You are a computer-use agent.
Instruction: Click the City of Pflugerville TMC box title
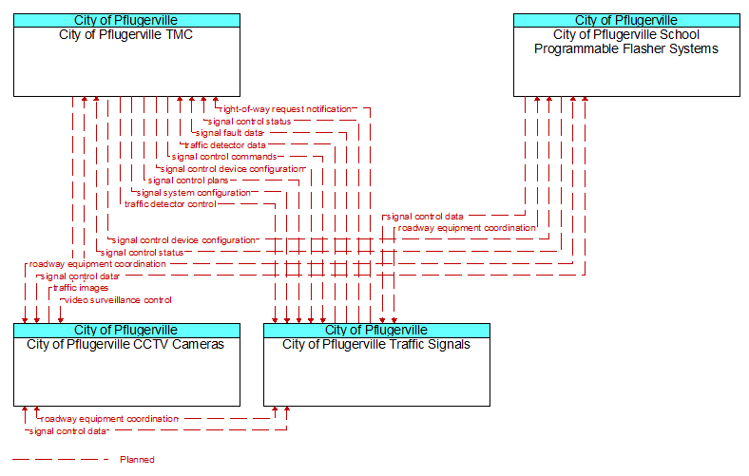pyautogui.click(x=126, y=35)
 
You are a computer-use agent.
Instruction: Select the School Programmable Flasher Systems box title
pyautogui.click(x=626, y=42)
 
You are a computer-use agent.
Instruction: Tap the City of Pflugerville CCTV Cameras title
pyautogui.click(x=125, y=345)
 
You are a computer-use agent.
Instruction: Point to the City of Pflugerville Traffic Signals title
pyautogui.click(x=376, y=345)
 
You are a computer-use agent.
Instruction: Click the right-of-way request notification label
pyautogui.click(x=286, y=109)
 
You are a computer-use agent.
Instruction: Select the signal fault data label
pyautogui.click(x=230, y=133)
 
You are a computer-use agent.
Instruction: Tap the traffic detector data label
pyautogui.click(x=225, y=145)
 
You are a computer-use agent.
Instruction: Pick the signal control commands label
pyautogui.click(x=224, y=157)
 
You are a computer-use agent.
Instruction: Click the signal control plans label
pyautogui.click(x=188, y=181)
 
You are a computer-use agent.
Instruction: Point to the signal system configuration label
pyautogui.click(x=194, y=193)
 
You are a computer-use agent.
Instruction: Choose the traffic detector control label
pyautogui.click(x=170, y=204)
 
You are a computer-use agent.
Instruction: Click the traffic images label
pyautogui.click(x=81, y=288)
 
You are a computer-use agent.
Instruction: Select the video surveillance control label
pyautogui.click(x=118, y=300)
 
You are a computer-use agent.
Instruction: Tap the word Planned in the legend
pyautogui.click(x=137, y=460)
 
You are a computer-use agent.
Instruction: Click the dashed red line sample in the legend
pyautogui.click(x=61, y=460)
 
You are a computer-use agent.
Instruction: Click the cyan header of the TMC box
pyautogui.click(x=126, y=20)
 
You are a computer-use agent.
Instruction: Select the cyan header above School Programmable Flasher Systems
pyautogui.click(x=626, y=20)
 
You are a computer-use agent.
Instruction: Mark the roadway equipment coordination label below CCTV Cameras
pyautogui.click(x=109, y=419)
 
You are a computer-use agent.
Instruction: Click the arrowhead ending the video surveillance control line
pyautogui.click(x=61, y=320)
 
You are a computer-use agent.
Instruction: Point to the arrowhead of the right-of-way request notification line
pyautogui.click(x=216, y=100)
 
